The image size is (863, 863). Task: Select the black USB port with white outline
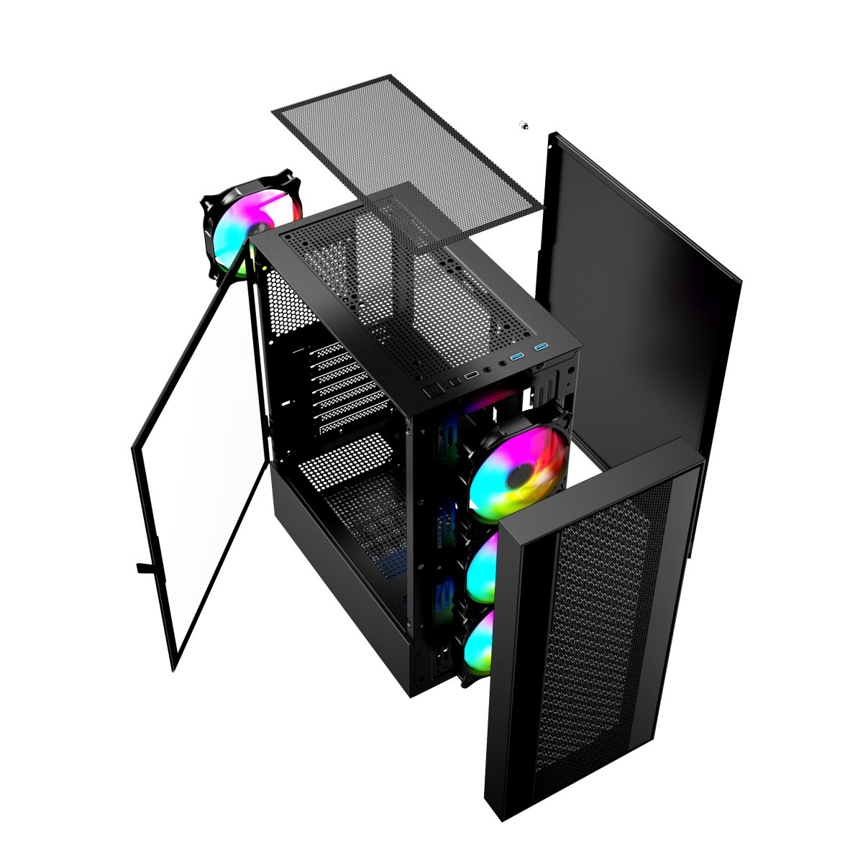tap(472, 375)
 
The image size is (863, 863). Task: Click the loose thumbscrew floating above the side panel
tap(524, 126)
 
